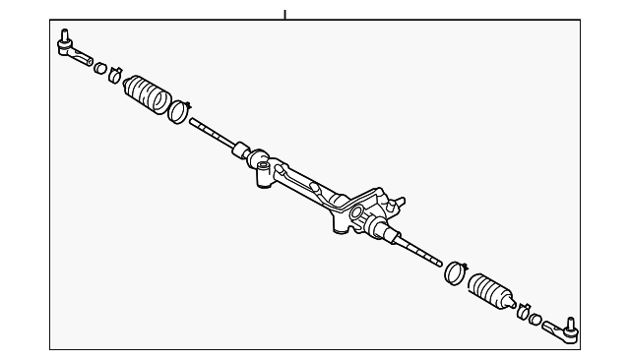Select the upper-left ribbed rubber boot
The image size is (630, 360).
point(147,91)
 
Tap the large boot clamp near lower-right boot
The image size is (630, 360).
point(455,270)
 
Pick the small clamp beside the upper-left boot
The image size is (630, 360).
point(116,73)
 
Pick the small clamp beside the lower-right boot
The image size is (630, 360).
point(523,311)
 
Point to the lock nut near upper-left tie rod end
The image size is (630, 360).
point(99,67)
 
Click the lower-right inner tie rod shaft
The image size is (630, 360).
point(418,250)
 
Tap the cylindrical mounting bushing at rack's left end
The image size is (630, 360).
point(262,178)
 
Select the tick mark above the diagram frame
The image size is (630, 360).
point(284,14)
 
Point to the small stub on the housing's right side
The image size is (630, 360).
point(399,203)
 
